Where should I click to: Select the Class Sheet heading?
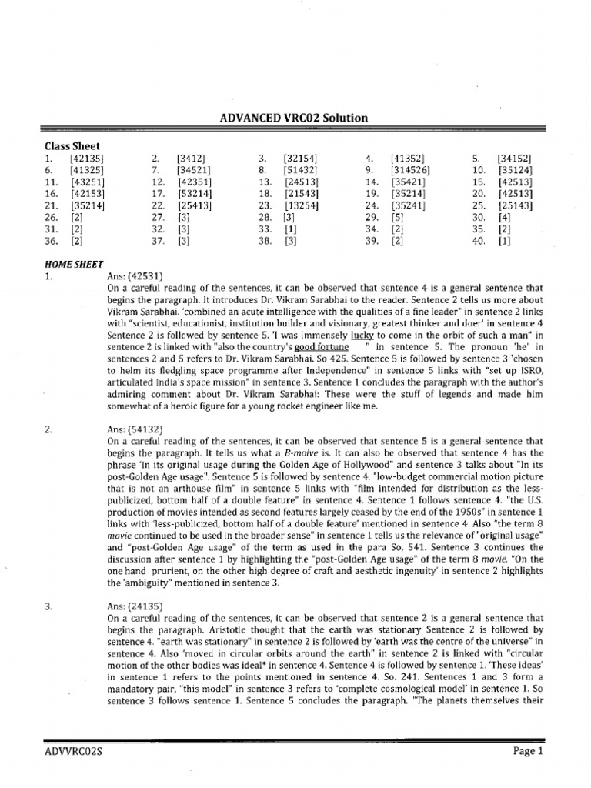pyautogui.click(x=72, y=145)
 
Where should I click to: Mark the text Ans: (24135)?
pyautogui.click(x=135, y=606)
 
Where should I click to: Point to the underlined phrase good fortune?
pyautogui.click(x=316, y=347)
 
